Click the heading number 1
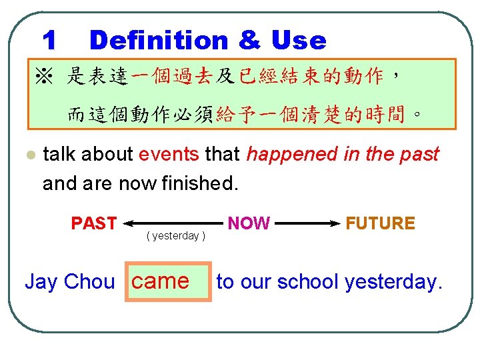click(49, 41)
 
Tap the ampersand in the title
click(248, 41)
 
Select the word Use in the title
click(298, 41)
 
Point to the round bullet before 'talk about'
click(29, 155)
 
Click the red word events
click(169, 155)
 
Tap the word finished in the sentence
click(199, 183)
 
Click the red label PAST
click(94, 223)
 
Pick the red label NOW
click(249, 223)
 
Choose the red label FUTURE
click(380, 223)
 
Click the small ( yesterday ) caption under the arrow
click(176, 236)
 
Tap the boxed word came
click(160, 281)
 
